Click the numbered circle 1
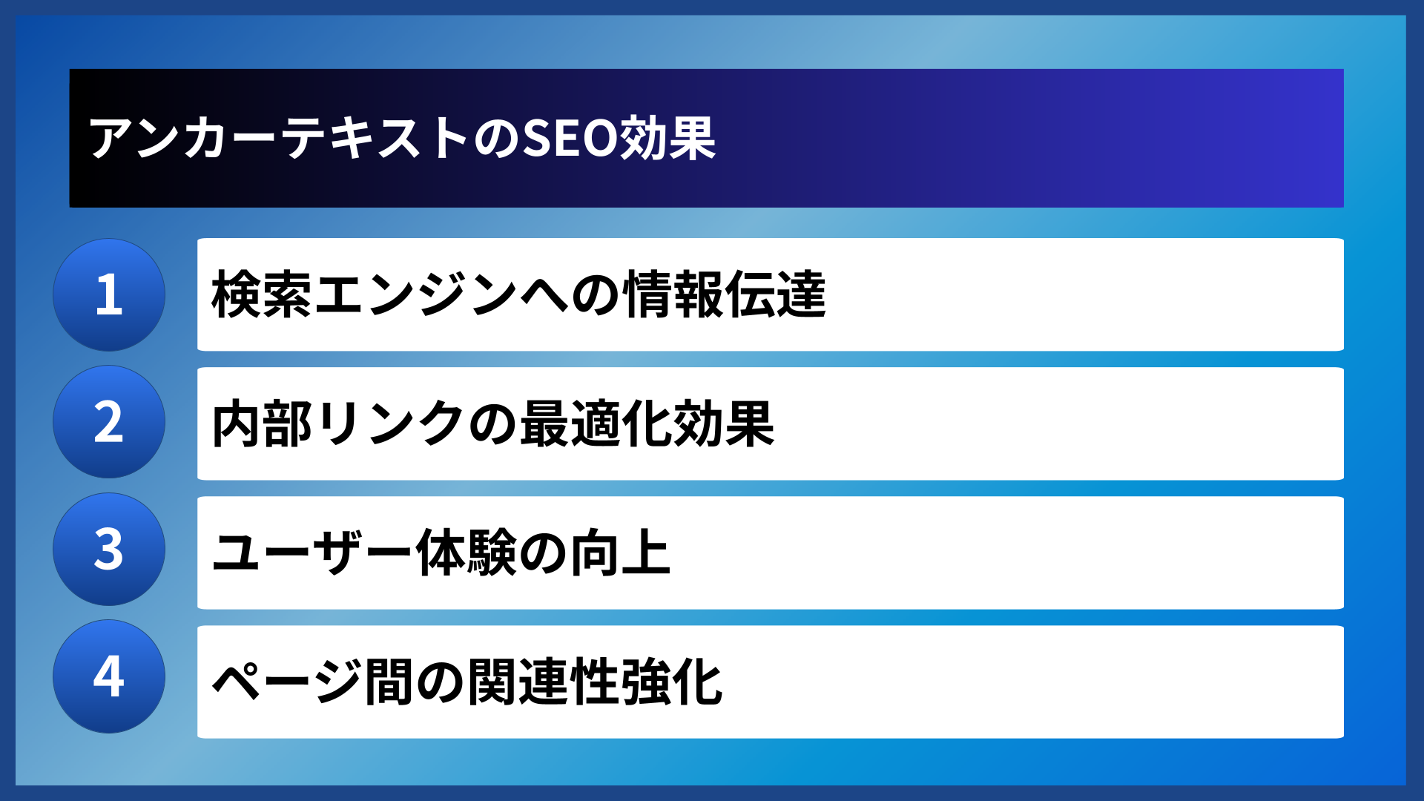pyautogui.click(x=109, y=294)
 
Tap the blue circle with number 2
pyautogui.click(x=109, y=422)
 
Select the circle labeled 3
pyautogui.click(x=109, y=550)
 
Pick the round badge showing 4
pyautogui.click(x=109, y=676)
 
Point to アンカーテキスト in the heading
pyautogui.click(x=278, y=139)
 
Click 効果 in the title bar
pyautogui.click(x=667, y=139)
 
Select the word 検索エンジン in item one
pyautogui.click(x=363, y=294)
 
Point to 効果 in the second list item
pyautogui.click(x=723, y=423)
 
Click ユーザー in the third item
pyautogui.click(x=311, y=553)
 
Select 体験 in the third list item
pyautogui.click(x=466, y=553)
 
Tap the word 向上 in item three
pyautogui.click(x=620, y=553)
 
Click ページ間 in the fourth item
pyautogui.click(x=312, y=682)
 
